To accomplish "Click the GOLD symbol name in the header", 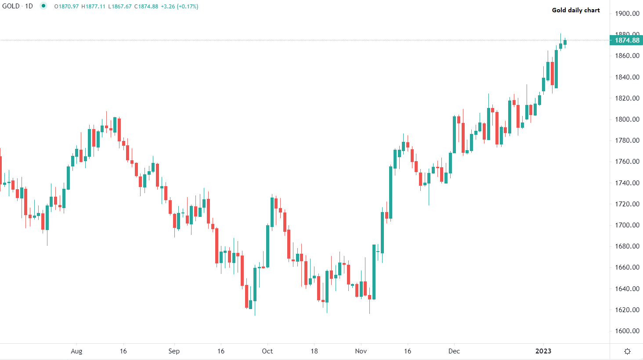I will [x=11, y=7].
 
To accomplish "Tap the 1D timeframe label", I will [x=29, y=7].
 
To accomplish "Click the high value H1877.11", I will [x=93, y=7].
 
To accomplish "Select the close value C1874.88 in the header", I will [x=146, y=7].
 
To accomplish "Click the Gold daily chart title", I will [x=576, y=10].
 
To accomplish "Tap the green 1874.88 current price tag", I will [x=627, y=40].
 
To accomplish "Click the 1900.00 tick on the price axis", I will [x=627, y=14].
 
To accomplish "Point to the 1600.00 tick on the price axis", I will [x=627, y=331].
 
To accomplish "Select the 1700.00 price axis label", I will [x=627, y=225].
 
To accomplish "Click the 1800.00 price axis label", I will [x=627, y=119].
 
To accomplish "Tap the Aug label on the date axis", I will [x=76, y=351].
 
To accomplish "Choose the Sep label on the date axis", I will [x=174, y=351].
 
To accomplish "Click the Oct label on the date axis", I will [x=267, y=351].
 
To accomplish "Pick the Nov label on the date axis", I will [x=361, y=351].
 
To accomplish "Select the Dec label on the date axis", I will [x=454, y=351].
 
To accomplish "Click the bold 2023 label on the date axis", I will [x=543, y=351].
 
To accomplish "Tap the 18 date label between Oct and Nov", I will [x=314, y=351].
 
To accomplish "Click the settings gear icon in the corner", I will [x=627, y=351].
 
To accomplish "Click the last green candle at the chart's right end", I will [x=565, y=42].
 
